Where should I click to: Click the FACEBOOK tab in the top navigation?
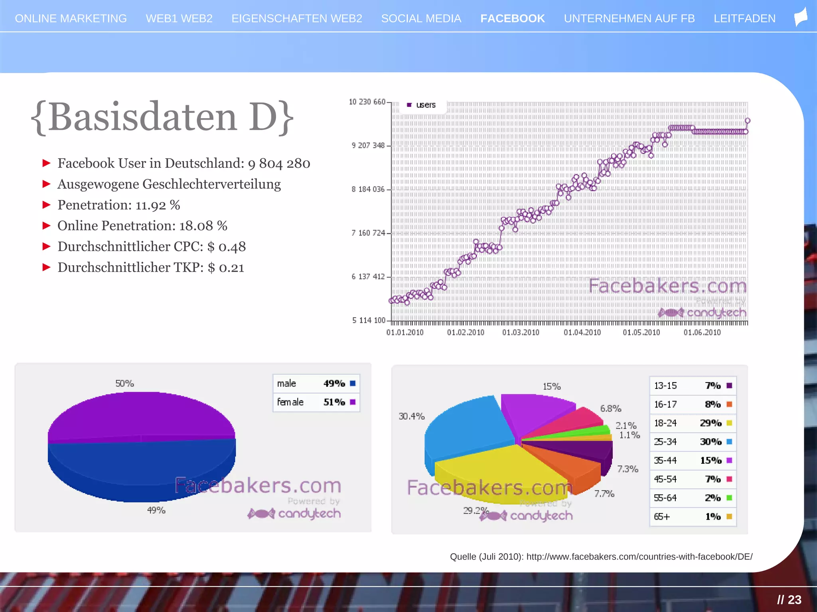click(x=512, y=19)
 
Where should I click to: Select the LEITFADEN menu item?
click(x=744, y=19)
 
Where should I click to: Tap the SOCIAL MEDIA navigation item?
click(x=421, y=19)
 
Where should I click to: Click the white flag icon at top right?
click(x=801, y=18)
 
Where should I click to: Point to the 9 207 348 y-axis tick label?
click(x=368, y=145)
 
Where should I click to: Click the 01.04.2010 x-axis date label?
click(x=582, y=332)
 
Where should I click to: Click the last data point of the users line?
click(x=748, y=121)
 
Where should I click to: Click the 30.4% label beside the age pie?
click(x=411, y=416)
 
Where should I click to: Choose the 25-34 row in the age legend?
click(x=693, y=441)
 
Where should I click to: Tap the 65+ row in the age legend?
click(x=693, y=516)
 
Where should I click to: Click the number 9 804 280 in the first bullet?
click(x=279, y=163)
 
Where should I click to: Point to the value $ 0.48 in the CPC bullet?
click(x=226, y=247)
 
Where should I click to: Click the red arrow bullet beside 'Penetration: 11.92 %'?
click(x=47, y=205)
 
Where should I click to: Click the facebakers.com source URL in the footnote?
click(x=639, y=557)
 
